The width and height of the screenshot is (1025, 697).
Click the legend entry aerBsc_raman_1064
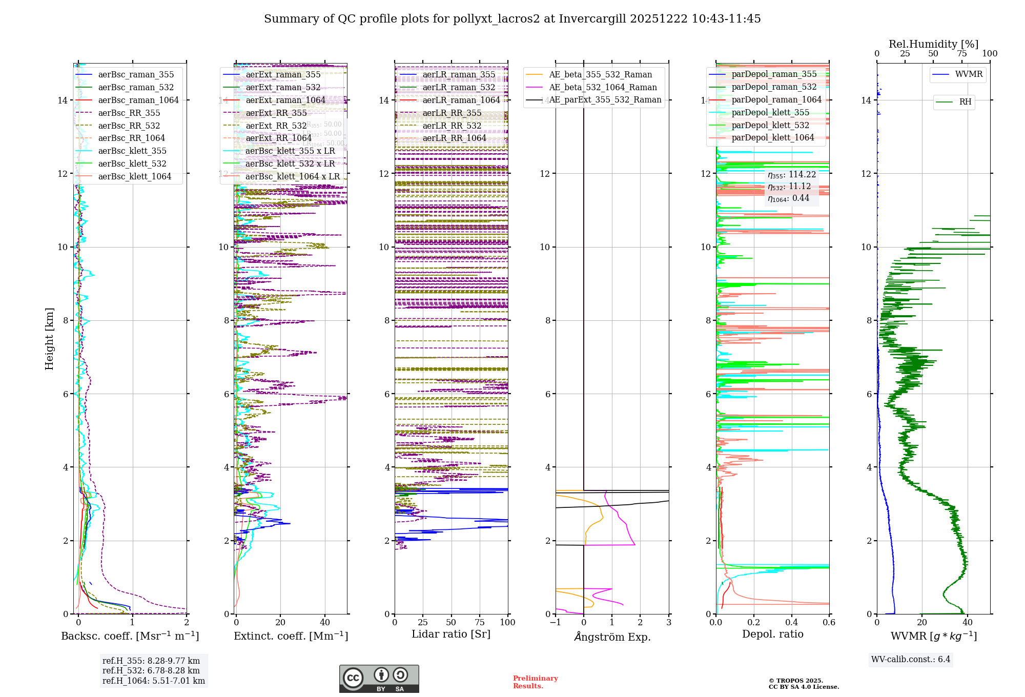point(138,100)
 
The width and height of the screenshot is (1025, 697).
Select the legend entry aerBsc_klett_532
point(132,163)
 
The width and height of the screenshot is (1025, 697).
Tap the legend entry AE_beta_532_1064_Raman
point(603,87)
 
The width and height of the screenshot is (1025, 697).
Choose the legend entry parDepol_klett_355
point(770,112)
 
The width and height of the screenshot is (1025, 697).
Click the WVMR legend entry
point(969,74)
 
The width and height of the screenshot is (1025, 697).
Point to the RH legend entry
point(965,101)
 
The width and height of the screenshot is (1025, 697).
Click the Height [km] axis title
point(49,338)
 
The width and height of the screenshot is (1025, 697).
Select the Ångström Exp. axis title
point(612,637)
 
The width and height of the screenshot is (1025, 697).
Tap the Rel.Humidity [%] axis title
point(933,44)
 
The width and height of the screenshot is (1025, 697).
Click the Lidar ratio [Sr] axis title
point(451,634)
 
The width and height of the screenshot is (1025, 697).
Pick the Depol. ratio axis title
point(772,634)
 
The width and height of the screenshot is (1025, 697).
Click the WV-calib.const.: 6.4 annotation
point(910,659)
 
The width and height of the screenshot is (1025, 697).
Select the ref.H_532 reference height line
point(151,670)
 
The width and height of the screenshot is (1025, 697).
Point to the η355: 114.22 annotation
point(791,175)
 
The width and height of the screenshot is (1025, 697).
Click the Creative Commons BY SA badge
point(379,679)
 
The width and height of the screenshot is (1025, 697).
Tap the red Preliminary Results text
point(535,682)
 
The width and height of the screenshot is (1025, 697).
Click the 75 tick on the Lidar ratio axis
point(480,622)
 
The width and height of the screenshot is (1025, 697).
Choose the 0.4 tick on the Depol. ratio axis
point(791,622)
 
